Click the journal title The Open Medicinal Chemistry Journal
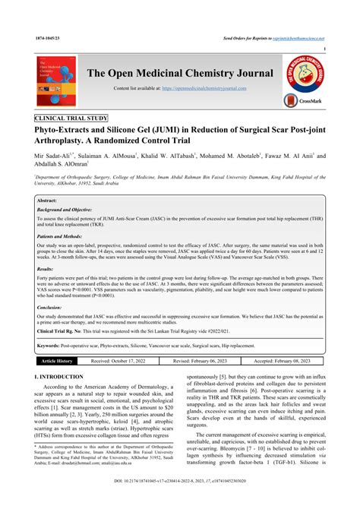click(180, 72)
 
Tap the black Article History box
click(57, 361)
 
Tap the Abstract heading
click(48, 199)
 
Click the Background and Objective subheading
click(71, 208)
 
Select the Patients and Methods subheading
click(63, 236)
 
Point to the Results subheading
click(46, 269)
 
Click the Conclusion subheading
click(50, 308)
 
